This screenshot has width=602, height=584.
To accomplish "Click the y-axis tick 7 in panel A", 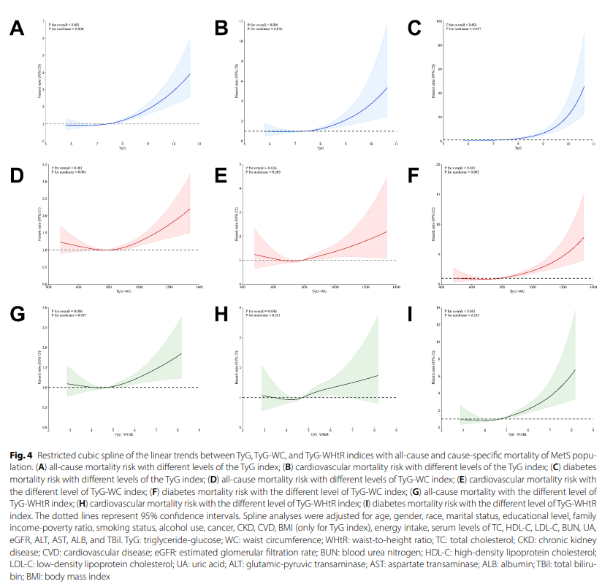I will (x=45, y=21).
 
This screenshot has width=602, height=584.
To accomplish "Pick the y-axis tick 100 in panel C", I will (x=439, y=22).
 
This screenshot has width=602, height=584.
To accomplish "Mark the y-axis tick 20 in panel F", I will (x=439, y=165).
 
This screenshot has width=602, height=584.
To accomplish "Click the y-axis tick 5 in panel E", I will (x=242, y=165).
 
